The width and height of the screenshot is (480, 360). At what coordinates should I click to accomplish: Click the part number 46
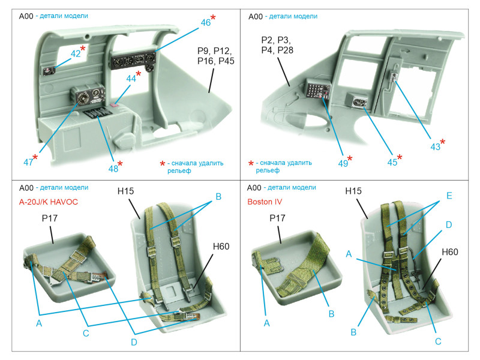coord(205,23)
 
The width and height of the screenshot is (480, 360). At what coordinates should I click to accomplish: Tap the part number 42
coord(76,54)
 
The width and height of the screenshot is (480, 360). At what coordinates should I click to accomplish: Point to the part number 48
coord(113,169)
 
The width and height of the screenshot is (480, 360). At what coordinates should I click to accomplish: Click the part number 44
coord(131,79)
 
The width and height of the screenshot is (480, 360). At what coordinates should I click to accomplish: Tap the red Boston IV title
coord(266,202)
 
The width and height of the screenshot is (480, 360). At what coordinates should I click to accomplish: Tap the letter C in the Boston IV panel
coord(438,341)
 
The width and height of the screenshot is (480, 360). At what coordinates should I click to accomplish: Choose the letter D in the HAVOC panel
coord(134,342)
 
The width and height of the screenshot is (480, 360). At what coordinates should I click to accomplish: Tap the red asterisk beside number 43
coord(443,142)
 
